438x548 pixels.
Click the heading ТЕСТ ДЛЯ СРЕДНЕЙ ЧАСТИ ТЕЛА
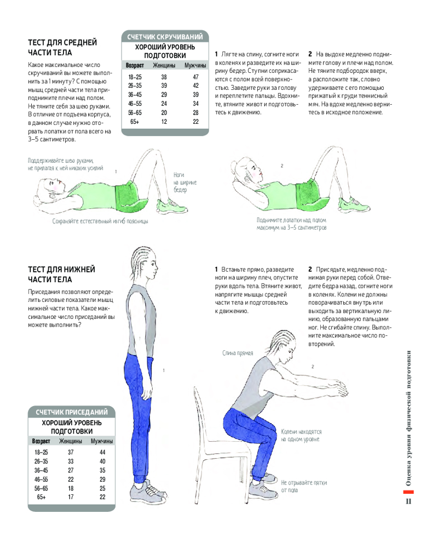pyautogui.click(x=62, y=48)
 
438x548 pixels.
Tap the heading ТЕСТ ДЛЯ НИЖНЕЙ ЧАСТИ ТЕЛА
pyautogui.click(x=61, y=275)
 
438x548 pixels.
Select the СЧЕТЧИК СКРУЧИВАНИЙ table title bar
pyautogui.click(x=165, y=37)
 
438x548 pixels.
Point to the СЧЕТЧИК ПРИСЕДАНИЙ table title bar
pyautogui.click(x=72, y=412)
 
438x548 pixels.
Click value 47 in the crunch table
pyautogui.click(x=195, y=77)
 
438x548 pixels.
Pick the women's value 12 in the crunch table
pyautogui.click(x=164, y=122)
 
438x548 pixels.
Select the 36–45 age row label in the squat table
pyautogui.click(x=41, y=470)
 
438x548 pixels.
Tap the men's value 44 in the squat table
pyautogui.click(x=102, y=452)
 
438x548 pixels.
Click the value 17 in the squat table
pyautogui.click(x=71, y=496)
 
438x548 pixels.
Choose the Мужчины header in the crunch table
pyautogui.click(x=195, y=65)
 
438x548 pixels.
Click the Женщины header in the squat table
pyautogui.click(x=71, y=441)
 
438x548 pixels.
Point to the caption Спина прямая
pyautogui.click(x=238, y=353)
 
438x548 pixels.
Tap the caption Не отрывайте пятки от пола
pyautogui.click(x=304, y=486)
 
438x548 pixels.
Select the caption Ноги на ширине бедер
pyautogui.click(x=185, y=182)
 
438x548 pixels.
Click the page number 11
pyautogui.click(x=408, y=501)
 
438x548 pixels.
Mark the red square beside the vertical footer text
pyautogui.click(x=408, y=492)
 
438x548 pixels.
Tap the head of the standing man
pyautogui.click(x=144, y=265)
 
